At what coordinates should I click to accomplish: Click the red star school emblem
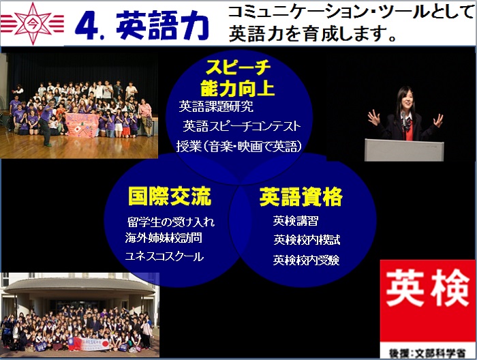tap(33, 24)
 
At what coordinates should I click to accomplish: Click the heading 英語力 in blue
tap(163, 25)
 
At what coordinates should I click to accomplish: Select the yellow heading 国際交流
tap(170, 196)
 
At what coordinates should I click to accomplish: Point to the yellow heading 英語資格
tap(301, 196)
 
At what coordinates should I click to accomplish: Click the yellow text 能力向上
tap(237, 88)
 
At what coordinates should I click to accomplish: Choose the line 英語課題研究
tap(216, 106)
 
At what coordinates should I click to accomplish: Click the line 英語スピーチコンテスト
tap(241, 126)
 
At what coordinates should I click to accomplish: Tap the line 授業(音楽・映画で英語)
tap(239, 147)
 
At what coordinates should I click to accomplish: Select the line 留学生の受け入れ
tap(170, 222)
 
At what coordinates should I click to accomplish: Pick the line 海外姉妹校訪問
tap(164, 238)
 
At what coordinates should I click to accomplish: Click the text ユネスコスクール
tap(164, 256)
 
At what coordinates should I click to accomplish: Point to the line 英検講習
tap(295, 221)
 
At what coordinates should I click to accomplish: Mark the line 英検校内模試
tap(307, 240)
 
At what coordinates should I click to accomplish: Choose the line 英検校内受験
tap(306, 260)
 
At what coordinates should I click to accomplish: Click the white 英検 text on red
tap(428, 288)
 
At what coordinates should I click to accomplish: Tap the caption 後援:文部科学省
tap(427, 353)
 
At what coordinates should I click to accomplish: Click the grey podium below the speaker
tap(404, 150)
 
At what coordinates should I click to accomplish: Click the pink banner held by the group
tap(82, 125)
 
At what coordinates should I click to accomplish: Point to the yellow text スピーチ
tap(238, 67)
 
